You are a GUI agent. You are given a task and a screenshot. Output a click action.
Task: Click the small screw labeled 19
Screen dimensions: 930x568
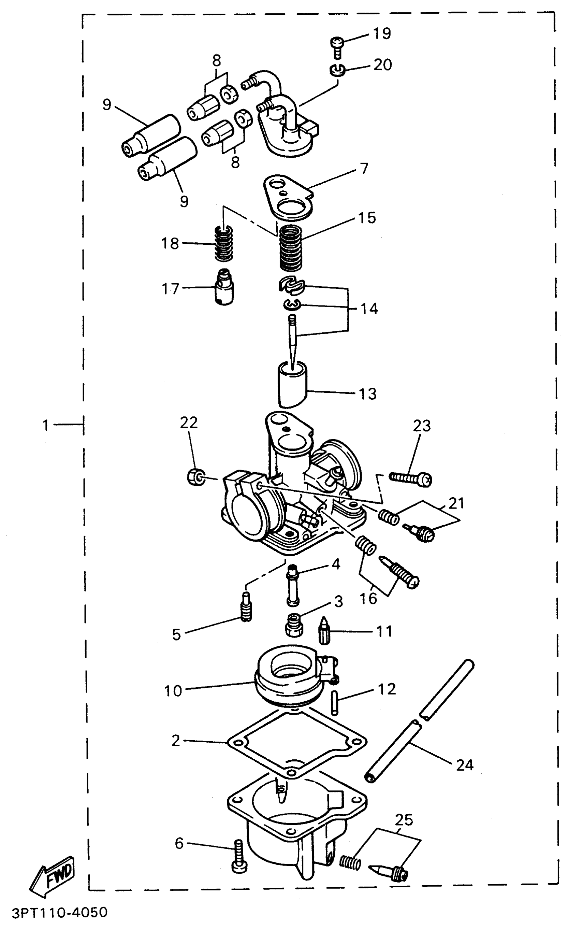click(337, 47)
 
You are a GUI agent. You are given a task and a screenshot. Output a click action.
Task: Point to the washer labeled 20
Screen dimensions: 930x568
click(336, 70)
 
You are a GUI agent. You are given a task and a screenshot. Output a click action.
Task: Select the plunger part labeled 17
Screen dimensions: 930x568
click(224, 287)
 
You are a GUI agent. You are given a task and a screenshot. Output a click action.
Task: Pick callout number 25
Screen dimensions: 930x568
click(403, 820)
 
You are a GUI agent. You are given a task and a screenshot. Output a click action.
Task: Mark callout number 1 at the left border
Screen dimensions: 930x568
click(46, 425)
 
